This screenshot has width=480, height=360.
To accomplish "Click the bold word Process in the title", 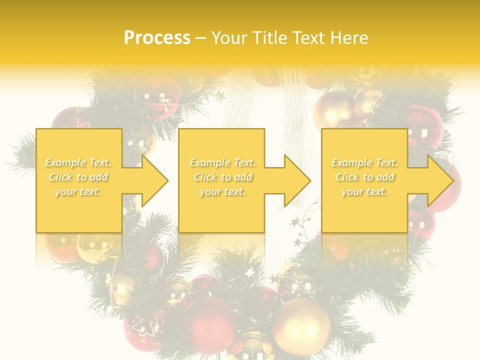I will click(x=157, y=38).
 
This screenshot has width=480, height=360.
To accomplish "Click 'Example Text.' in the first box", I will click(x=78, y=162).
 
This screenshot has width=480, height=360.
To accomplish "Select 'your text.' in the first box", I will click(x=78, y=191).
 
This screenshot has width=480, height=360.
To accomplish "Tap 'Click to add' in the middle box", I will click(x=222, y=177).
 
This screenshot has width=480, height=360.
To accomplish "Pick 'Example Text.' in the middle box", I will click(x=222, y=162).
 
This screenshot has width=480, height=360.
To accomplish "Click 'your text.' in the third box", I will click(x=364, y=191).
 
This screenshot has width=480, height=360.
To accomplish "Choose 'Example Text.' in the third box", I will click(x=364, y=162).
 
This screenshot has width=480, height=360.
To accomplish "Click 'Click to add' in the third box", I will click(x=364, y=177).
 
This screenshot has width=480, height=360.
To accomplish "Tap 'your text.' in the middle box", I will click(x=222, y=191).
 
